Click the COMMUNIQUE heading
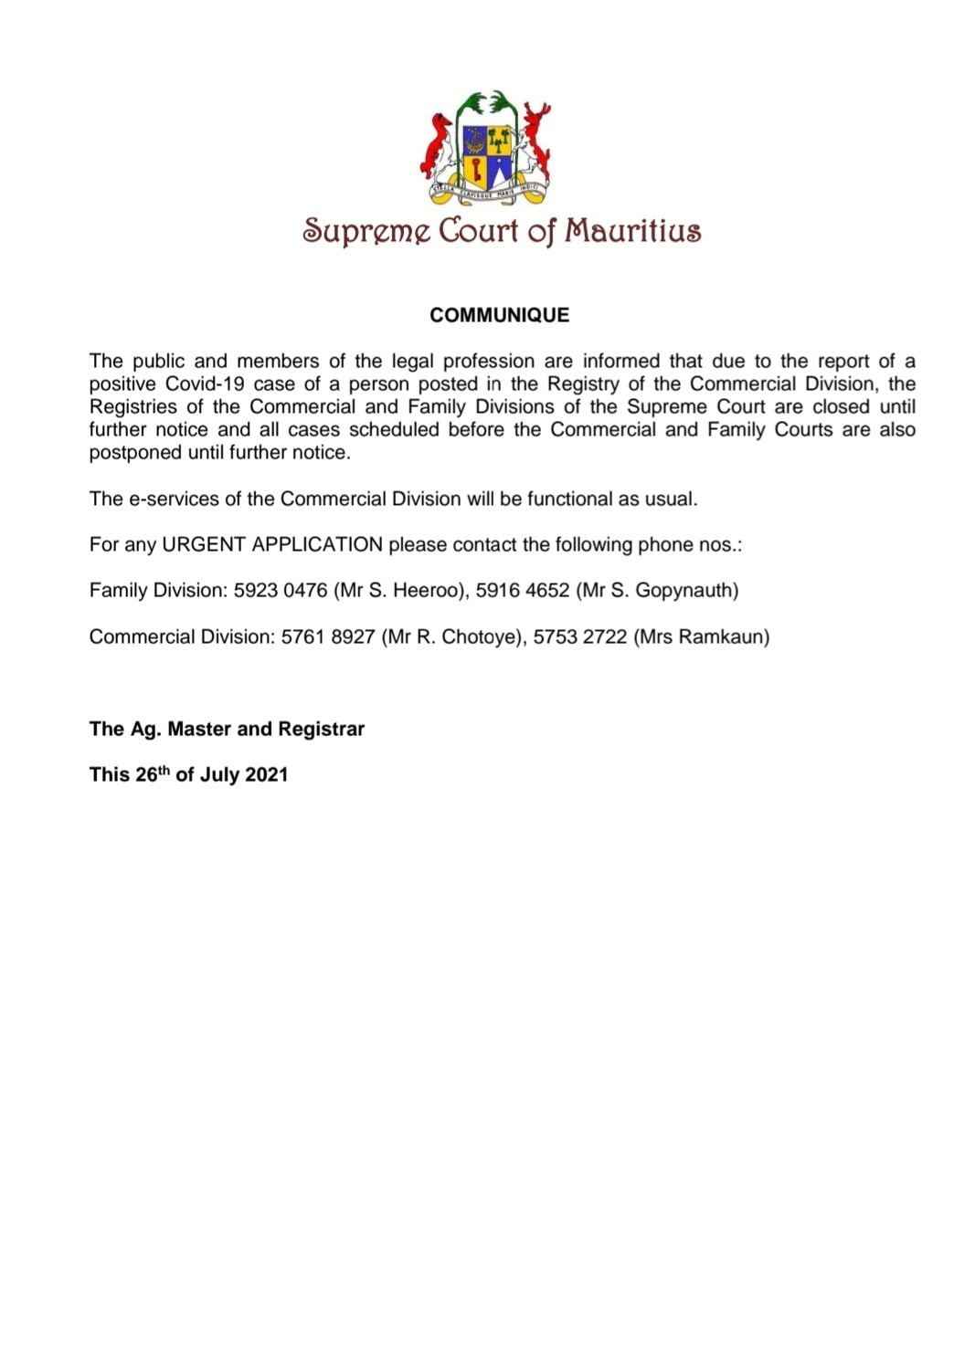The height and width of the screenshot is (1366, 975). coord(499,315)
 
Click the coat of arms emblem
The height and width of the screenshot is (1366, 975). coord(487,148)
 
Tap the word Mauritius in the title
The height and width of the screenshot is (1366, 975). coord(632,230)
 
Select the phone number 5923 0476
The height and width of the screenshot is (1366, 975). coord(281,591)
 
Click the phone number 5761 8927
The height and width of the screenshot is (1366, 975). coord(328,636)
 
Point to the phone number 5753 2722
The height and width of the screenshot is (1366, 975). coord(580,636)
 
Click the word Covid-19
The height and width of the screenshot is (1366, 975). coord(205,384)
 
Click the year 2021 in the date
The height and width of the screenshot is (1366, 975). coord(266,775)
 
